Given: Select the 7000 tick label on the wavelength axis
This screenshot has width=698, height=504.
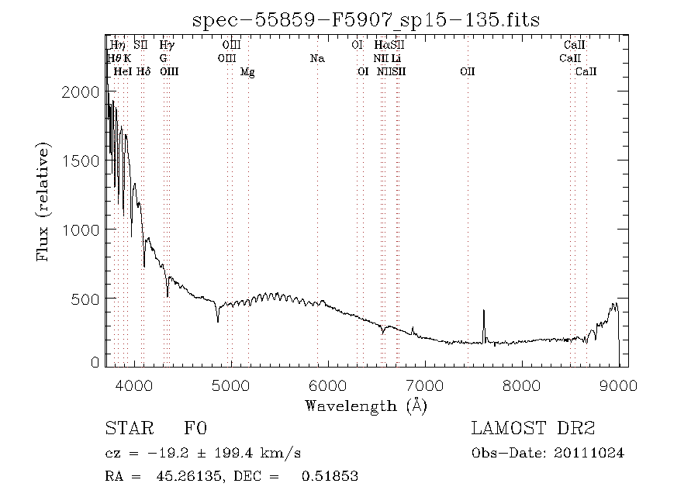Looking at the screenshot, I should (425, 385).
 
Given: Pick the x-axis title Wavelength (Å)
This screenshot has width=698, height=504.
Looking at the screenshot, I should (366, 406).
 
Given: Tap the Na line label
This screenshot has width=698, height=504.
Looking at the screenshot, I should (316, 58).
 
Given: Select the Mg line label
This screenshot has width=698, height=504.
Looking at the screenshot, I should (247, 71).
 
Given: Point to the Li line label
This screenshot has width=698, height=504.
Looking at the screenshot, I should (396, 58).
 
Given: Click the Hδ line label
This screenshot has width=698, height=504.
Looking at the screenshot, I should (143, 71).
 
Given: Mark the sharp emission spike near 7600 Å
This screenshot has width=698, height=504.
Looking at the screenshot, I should (484, 312).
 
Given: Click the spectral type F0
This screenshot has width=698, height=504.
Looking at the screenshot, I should (195, 429).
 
